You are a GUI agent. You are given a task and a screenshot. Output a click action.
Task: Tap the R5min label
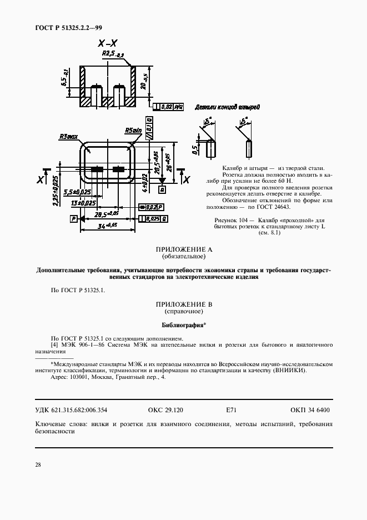coord(133,131)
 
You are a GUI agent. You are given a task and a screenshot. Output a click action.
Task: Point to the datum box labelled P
coord(73,219)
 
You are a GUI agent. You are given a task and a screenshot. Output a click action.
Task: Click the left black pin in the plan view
coord(98,169)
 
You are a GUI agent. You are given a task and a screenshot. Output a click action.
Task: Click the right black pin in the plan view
coord(119,169)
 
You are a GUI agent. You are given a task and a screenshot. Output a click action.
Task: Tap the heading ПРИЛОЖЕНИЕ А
coord(184,250)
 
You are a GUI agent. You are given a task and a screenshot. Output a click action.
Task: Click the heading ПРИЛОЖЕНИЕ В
coord(184,305)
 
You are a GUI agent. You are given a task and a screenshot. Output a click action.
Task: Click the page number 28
coord(38,464)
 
